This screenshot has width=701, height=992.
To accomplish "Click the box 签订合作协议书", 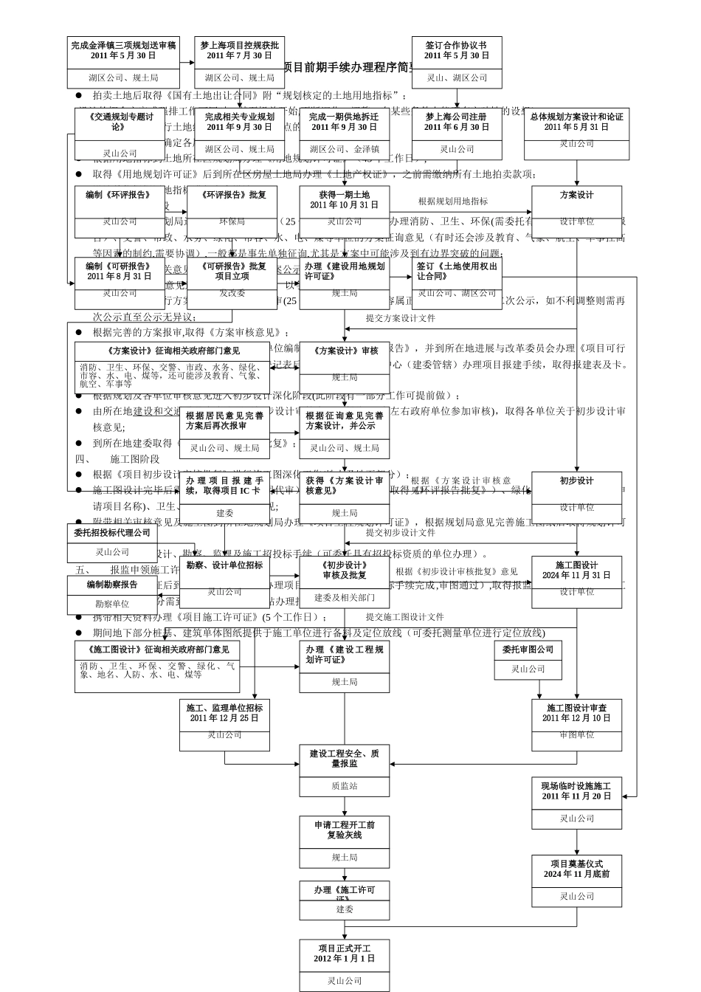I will (x=457, y=62).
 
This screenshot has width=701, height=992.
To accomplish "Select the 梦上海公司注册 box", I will (x=457, y=134).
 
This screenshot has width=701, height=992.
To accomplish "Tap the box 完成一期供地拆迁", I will (x=344, y=134).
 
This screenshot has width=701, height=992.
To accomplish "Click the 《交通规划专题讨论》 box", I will (x=120, y=134).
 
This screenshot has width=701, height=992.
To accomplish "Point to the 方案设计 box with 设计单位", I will (x=576, y=211).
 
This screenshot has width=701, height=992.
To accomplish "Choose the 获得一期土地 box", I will (x=344, y=211).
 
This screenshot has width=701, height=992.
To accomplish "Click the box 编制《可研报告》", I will (x=120, y=283).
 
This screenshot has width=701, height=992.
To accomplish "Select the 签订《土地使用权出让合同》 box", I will (x=457, y=283).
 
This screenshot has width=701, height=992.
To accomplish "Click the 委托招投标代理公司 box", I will (x=112, y=542).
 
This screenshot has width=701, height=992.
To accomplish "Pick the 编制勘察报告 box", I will (x=112, y=594).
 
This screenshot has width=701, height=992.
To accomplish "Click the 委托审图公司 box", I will (x=528, y=660).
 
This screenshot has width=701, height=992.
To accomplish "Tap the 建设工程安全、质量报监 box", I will (x=344, y=770).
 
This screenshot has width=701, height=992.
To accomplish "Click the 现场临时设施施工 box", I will (x=576, y=802).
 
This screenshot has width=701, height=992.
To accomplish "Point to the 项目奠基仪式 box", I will (x=576, y=881).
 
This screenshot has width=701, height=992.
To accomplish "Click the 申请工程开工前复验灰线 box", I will (x=344, y=841).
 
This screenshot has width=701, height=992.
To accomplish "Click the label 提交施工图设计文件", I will (x=404, y=617).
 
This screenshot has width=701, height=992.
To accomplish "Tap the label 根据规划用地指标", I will (x=452, y=201).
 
